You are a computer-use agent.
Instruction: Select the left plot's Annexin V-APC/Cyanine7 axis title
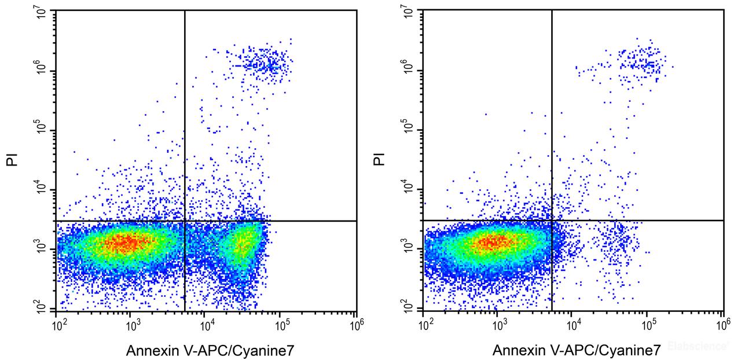coord(206,350)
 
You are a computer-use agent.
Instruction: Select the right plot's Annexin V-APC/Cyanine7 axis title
coord(577,350)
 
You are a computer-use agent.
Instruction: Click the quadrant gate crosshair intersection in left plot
coord(185,221)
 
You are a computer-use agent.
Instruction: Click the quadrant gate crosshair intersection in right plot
coord(552,220)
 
